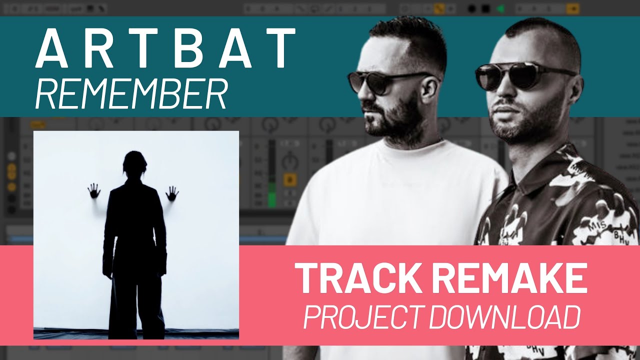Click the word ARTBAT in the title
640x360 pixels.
click(165, 48)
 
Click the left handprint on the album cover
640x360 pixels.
click(93, 190)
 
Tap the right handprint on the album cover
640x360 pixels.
click(172, 192)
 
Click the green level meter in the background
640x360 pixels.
click(271, 195)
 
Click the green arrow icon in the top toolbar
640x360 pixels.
click(499, 8)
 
